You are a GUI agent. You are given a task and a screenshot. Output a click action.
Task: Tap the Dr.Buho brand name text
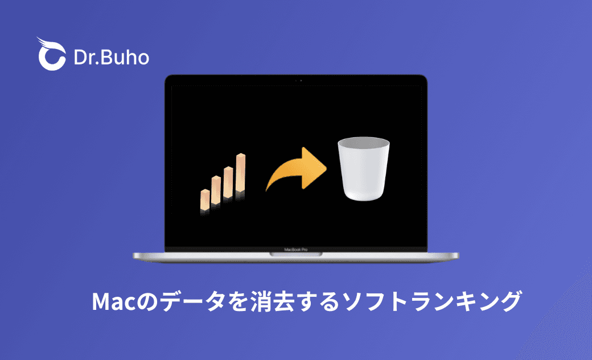pos(112,57)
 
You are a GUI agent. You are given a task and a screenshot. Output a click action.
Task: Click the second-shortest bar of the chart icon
pos(216,190)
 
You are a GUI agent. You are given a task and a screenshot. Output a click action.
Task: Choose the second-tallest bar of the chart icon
pos(229,182)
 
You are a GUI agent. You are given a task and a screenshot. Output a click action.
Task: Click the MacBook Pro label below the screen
pos(296,249)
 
